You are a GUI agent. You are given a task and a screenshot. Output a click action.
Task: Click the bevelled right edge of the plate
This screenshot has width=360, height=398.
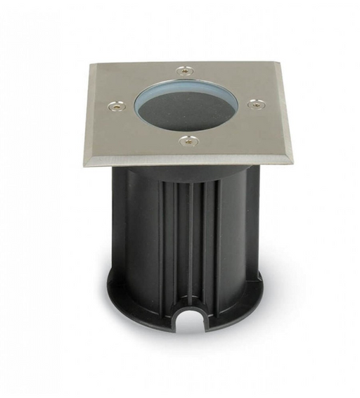285,113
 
